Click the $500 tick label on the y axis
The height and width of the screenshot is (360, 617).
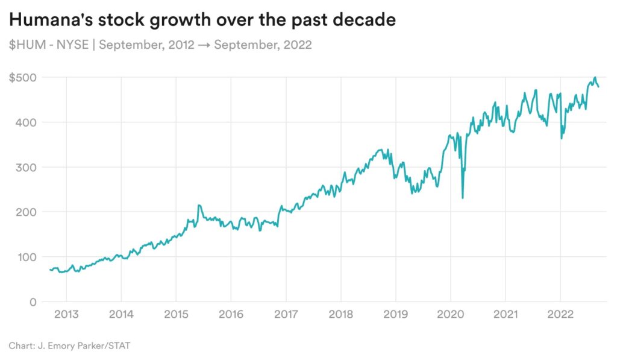click(22, 78)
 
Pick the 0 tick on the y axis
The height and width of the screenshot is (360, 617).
click(33, 302)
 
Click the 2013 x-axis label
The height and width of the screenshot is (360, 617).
click(65, 315)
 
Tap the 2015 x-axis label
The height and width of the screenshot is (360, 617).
click(175, 315)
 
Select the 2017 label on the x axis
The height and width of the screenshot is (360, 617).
click(286, 315)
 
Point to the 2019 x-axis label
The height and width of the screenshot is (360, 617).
click(395, 315)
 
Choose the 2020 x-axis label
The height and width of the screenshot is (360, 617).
click(451, 315)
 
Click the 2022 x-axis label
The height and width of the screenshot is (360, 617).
click(560, 315)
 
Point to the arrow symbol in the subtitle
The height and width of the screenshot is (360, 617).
click(204, 45)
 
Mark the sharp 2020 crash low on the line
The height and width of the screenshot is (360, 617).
click(462, 198)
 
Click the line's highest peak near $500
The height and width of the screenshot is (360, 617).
click(595, 77)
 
